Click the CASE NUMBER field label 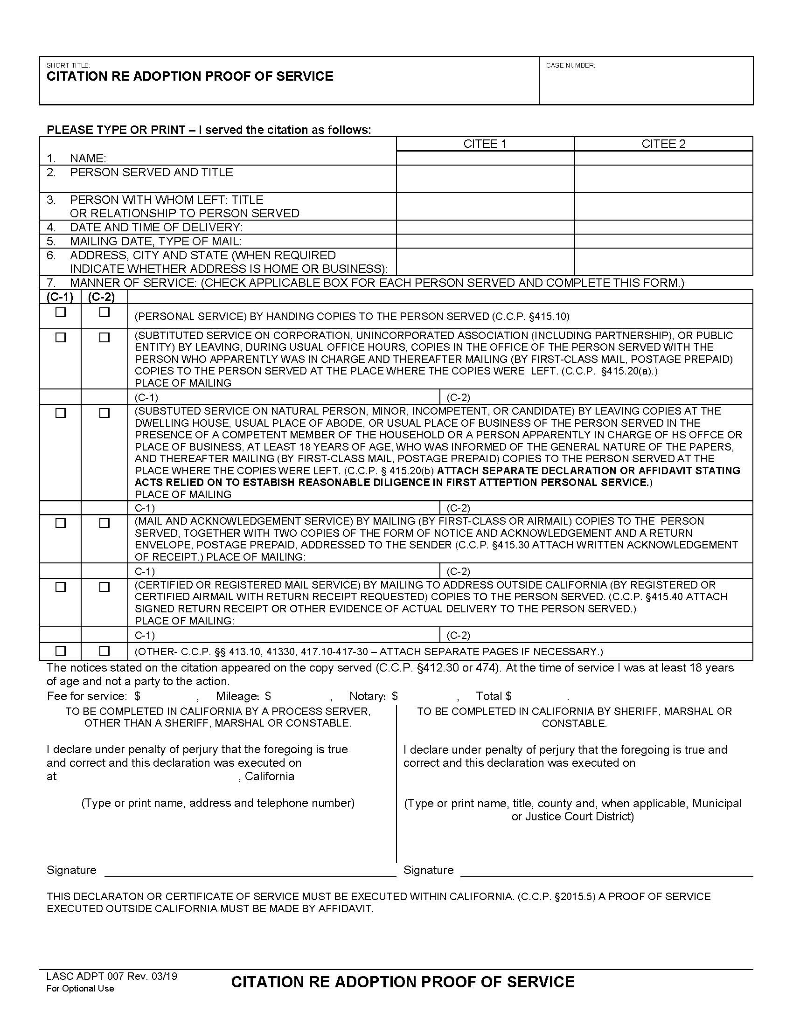coord(570,65)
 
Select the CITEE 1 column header coord(485,144)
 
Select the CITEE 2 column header coord(663,144)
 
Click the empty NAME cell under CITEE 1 coord(485,158)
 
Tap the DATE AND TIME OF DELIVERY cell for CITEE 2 coord(663,228)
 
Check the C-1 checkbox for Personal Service coord(61,312)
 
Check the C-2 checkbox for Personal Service coord(104,312)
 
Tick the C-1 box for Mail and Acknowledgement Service coord(61,523)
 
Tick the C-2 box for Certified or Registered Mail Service coord(104,587)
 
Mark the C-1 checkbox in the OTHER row coord(61,651)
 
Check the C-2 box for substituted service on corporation coord(104,337)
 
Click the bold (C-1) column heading coord(60,297)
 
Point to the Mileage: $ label coord(243,696)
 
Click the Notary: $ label coord(374,696)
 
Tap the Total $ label coord(494,696)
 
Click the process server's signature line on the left coord(250,870)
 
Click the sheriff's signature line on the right coord(606,870)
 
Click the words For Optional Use coord(80,988)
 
